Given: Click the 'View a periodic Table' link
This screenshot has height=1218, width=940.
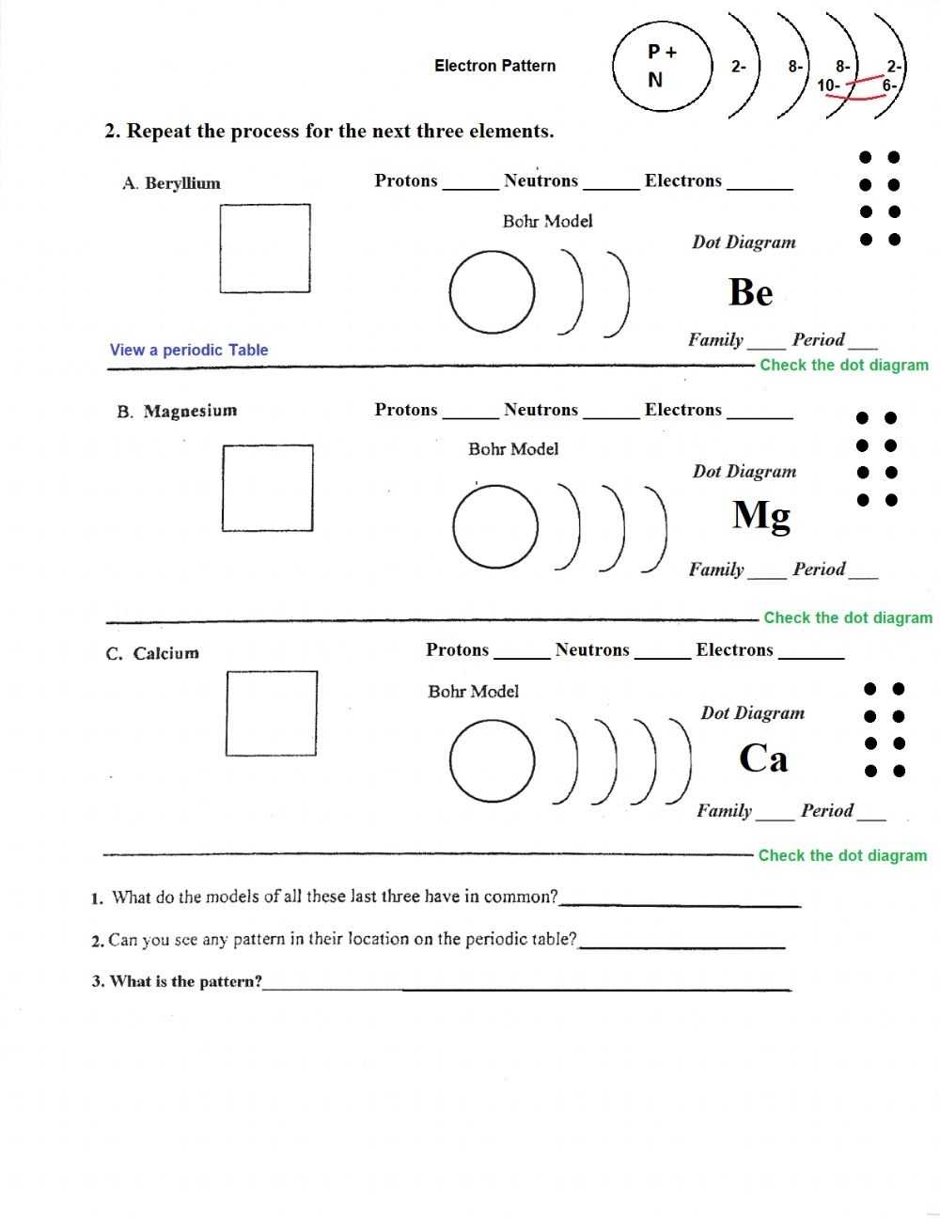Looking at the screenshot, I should pos(189,350).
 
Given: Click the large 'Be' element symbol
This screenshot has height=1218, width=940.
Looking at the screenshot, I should pos(750,292).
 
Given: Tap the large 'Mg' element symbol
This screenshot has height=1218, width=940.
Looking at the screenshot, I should pos(761,516).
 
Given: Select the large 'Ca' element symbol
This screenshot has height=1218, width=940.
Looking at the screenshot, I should pos(762,757).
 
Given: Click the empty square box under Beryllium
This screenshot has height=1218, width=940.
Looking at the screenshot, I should pos(265,248).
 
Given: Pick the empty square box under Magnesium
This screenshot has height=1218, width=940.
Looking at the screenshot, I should pos(268,488).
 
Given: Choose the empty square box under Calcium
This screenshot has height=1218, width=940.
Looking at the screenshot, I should pos(272,713).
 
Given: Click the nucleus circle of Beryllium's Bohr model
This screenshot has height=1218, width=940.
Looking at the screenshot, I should pos(493,292).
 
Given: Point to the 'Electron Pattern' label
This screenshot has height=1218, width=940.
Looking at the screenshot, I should pos(494,66).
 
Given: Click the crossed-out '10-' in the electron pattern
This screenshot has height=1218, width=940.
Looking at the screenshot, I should pos(828,86).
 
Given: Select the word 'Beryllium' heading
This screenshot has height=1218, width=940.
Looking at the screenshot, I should pos(182,183).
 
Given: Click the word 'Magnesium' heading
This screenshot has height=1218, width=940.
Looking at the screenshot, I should pos(190,411).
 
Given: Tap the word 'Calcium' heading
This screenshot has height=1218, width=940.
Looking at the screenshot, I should pos(165,653).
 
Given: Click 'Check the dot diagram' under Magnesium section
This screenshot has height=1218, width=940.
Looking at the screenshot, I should pos(848,617).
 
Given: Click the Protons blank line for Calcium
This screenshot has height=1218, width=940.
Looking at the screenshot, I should pos(522,655).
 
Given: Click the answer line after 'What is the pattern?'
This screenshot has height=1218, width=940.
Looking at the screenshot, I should pos(526,985).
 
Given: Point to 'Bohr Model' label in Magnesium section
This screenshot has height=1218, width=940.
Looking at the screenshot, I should pos(513,449).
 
